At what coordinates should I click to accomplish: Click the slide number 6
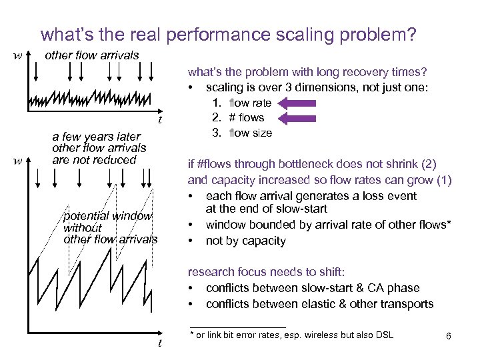click(x=449, y=337)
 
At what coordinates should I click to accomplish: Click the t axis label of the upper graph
click(x=159, y=120)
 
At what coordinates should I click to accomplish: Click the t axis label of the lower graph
click(x=159, y=343)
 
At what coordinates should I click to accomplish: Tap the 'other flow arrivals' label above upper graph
click(x=91, y=55)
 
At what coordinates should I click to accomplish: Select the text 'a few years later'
click(x=96, y=137)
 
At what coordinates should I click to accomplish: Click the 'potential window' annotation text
click(x=107, y=216)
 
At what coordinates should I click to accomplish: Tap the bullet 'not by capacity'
click(x=245, y=241)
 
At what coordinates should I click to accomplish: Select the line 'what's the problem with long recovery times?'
click(x=307, y=72)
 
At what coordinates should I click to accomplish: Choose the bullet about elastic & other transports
click(x=319, y=304)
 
